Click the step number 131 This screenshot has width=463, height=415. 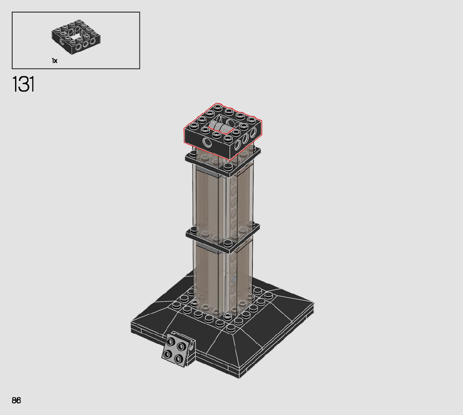tap(23, 84)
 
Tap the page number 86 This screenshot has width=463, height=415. tap(16, 400)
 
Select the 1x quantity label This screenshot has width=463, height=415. tap(54, 61)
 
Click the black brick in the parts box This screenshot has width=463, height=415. tap(76, 37)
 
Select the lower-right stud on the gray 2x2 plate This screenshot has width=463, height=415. tap(178, 359)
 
